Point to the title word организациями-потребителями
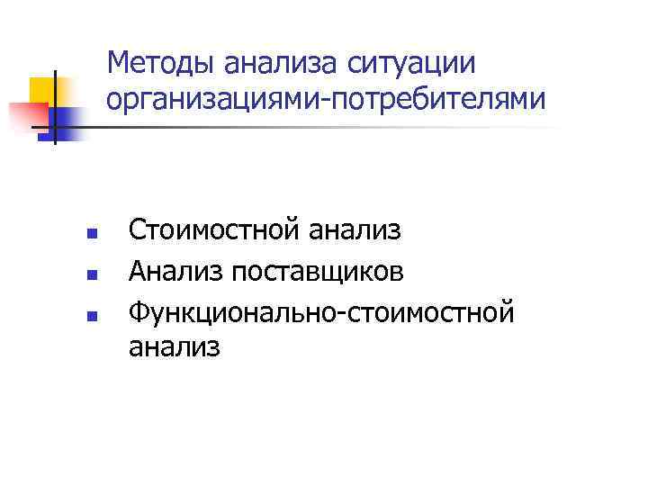click(325, 97)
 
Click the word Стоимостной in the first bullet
click(213, 230)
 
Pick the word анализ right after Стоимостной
click(355, 230)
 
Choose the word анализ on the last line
click(174, 346)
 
